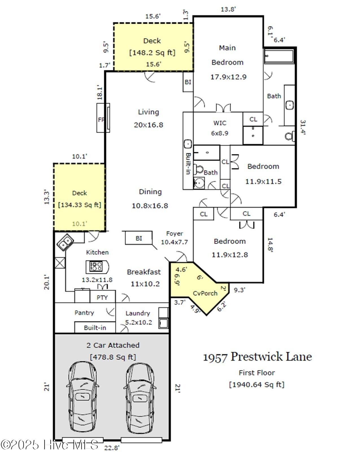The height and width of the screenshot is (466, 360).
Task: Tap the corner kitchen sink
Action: (65, 242)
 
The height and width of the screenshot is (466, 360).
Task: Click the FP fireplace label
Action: (101, 120)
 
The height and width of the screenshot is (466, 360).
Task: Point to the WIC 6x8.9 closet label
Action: (220, 128)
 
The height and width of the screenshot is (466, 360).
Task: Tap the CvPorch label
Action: (205, 293)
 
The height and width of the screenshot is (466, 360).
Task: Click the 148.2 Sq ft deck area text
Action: (152, 53)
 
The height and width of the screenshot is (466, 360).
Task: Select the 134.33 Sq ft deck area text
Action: (80, 205)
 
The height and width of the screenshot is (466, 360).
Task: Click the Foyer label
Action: (174, 234)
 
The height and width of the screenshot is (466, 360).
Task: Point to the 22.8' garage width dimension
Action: (112, 448)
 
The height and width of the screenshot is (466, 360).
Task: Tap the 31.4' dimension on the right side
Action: (302, 127)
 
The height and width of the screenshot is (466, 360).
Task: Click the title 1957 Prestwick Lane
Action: (257, 357)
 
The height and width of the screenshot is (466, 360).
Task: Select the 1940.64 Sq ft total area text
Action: (257, 384)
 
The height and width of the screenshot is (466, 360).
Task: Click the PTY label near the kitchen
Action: (102, 297)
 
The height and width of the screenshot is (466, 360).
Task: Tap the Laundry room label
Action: (138, 313)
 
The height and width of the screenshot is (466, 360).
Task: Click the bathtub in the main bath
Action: (279, 56)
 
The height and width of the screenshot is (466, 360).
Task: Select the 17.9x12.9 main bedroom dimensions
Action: (228, 77)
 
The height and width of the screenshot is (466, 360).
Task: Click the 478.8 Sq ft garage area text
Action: (113, 357)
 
